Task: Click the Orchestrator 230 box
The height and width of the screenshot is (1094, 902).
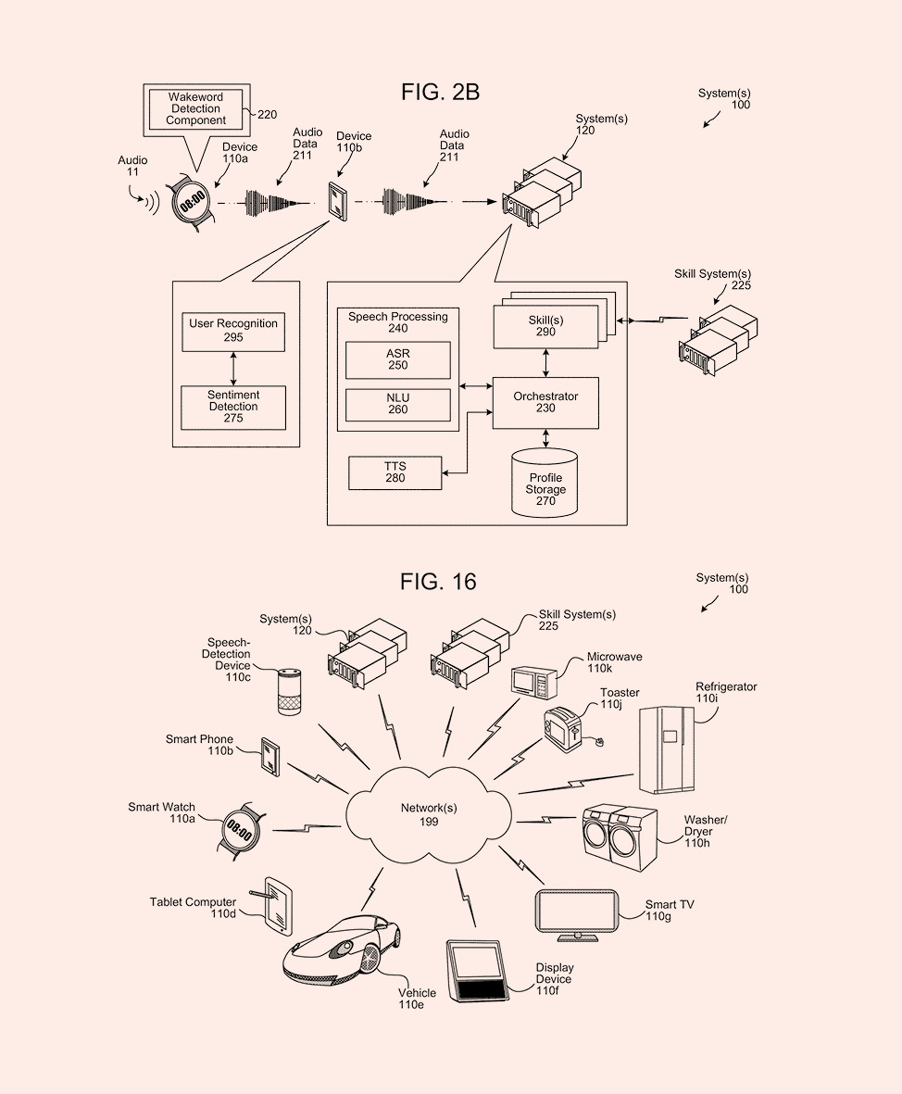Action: tap(545, 402)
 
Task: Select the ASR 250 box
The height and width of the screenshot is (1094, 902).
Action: tap(397, 359)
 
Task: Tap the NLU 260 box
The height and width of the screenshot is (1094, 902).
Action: tap(397, 404)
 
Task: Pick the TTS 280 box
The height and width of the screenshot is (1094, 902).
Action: tap(395, 472)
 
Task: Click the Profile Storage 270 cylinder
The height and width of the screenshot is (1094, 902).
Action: tap(545, 484)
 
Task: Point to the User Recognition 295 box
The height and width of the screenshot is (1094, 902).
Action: tap(233, 331)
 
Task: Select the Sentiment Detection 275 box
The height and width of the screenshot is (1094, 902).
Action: tap(233, 407)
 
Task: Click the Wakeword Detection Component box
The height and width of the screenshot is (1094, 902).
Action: tap(196, 108)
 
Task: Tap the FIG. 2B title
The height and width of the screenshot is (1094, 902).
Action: tap(440, 92)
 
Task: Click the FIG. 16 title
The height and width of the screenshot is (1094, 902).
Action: tap(438, 581)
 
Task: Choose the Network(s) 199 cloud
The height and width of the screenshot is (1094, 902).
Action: tap(428, 814)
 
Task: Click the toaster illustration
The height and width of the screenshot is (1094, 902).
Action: tap(563, 727)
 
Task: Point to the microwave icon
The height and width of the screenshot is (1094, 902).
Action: tap(535, 683)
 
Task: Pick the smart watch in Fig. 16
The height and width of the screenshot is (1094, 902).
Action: tap(240, 830)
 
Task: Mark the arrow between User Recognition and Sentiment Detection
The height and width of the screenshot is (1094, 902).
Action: tap(233, 369)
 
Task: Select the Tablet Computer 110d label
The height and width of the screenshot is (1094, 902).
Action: tap(193, 908)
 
